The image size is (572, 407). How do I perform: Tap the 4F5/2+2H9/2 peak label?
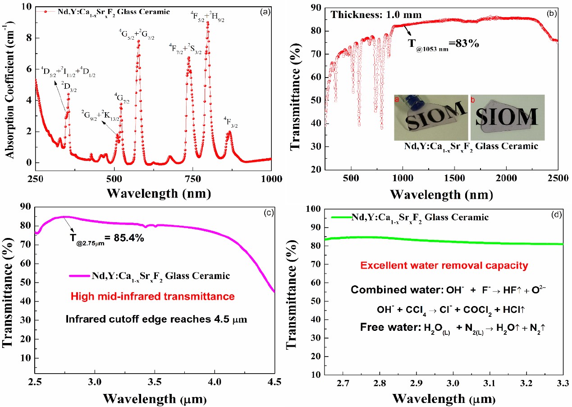pyautogui.click(x=207, y=17)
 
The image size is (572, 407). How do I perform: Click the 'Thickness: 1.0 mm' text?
pyautogui.click(x=376, y=14)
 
